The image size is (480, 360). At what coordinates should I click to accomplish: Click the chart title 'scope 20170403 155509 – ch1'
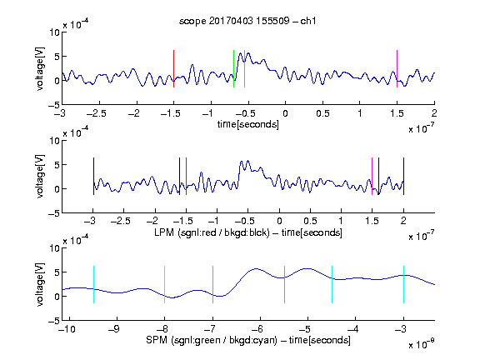click(247, 21)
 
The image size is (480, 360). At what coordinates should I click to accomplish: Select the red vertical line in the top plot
click(173, 69)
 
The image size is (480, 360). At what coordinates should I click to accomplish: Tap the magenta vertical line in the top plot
click(397, 69)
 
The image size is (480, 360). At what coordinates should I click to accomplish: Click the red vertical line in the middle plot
click(186, 177)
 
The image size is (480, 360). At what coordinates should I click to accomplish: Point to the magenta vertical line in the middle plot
click(372, 177)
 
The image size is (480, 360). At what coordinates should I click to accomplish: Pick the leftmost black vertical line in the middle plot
click(93, 177)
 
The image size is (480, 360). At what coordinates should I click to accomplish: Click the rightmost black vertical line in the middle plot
click(404, 177)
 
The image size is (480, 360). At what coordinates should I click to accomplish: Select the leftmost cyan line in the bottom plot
click(93, 285)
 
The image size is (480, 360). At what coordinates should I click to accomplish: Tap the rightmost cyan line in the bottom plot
click(404, 285)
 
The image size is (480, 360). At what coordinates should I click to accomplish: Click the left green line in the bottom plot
click(212, 285)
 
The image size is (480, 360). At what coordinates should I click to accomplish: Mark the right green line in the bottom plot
click(285, 285)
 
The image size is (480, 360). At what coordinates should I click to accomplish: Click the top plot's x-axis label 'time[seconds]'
click(248, 124)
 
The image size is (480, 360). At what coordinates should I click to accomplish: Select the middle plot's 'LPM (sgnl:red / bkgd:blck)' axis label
click(212, 232)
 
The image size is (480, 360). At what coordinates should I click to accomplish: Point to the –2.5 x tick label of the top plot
click(97, 114)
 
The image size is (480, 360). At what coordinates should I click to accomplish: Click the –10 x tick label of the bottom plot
click(67, 329)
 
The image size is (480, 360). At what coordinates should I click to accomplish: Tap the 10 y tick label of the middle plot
click(55, 141)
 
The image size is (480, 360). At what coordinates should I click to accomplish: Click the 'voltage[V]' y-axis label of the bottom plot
click(40, 284)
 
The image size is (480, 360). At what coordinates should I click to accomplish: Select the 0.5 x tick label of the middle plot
click(310, 221)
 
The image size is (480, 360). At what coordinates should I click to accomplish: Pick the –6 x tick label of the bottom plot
click(257, 329)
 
